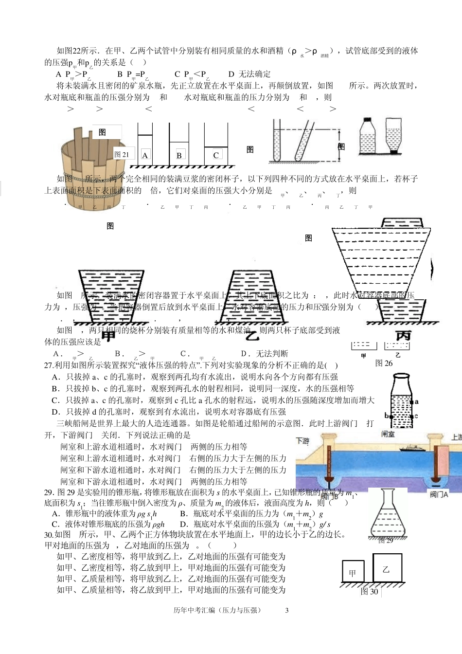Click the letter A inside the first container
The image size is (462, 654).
145,156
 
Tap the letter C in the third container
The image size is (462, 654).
216,155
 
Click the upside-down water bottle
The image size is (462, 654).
393,136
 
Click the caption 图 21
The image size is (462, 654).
122,154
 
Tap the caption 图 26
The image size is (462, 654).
384,363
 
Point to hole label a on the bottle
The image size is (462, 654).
416,402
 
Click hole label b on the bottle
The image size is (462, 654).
387,416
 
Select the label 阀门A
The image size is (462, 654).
439,495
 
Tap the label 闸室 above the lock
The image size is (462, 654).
388,435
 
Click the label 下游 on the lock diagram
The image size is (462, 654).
302,441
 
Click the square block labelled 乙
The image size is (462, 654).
387,568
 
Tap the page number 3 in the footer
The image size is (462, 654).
286,610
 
